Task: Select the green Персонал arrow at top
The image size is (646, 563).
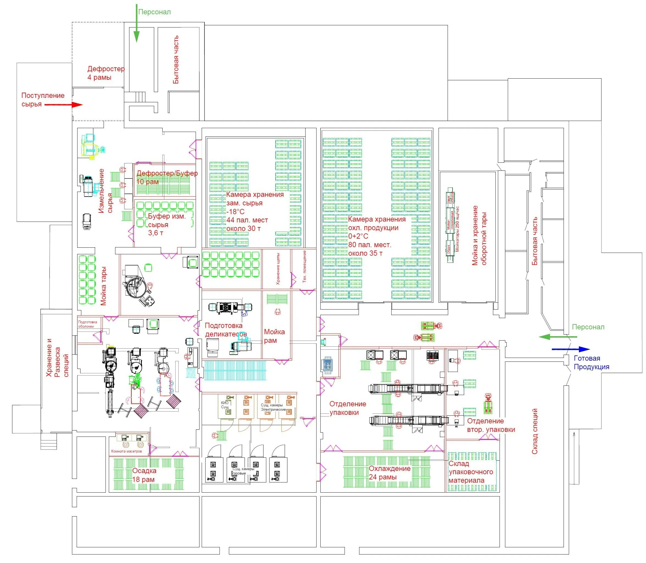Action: click(x=137, y=24)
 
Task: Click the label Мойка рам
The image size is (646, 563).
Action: click(x=274, y=336)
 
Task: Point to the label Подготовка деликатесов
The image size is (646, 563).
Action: click(x=226, y=330)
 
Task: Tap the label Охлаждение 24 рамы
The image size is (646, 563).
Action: click(x=389, y=473)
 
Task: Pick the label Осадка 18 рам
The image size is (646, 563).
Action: click(x=144, y=475)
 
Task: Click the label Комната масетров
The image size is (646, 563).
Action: click(x=126, y=451)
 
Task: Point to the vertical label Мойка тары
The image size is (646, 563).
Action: click(x=103, y=286)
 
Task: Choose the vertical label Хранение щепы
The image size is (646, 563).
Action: click(x=278, y=269)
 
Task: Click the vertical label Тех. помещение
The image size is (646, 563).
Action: click(x=304, y=266)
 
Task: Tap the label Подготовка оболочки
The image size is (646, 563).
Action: click(x=87, y=324)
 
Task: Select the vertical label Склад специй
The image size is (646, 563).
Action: click(x=534, y=431)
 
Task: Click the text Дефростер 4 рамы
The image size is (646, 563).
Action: click(x=106, y=73)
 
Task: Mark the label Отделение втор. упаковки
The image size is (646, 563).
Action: click(x=490, y=425)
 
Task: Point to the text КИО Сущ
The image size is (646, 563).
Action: click(x=225, y=405)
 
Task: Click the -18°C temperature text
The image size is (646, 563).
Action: click(x=235, y=211)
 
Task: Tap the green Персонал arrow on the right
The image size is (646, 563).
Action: click(x=558, y=337)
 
